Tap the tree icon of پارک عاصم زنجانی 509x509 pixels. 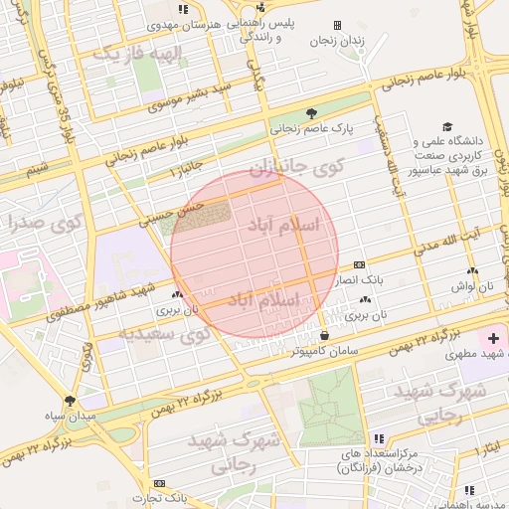click(312, 113)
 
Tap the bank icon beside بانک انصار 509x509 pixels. click(359, 265)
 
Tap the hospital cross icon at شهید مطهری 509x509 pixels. click(494, 338)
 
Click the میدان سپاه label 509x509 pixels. click(69, 417)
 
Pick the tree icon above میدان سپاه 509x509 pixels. click(69, 400)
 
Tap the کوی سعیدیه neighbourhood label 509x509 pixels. click(162, 334)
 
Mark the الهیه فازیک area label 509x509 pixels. click(140, 52)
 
